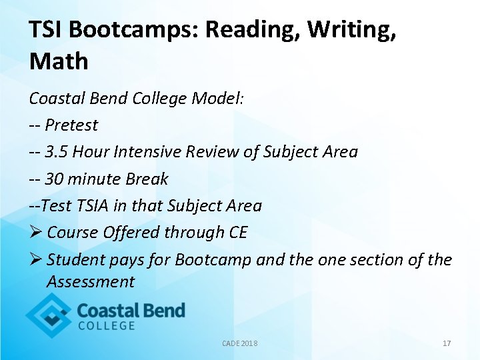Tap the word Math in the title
(59, 61)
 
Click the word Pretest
(71, 125)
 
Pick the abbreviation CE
(237, 232)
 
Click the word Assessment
(91, 282)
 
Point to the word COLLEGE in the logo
(107, 326)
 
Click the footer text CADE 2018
(239, 343)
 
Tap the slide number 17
(447, 343)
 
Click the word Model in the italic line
(218, 99)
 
